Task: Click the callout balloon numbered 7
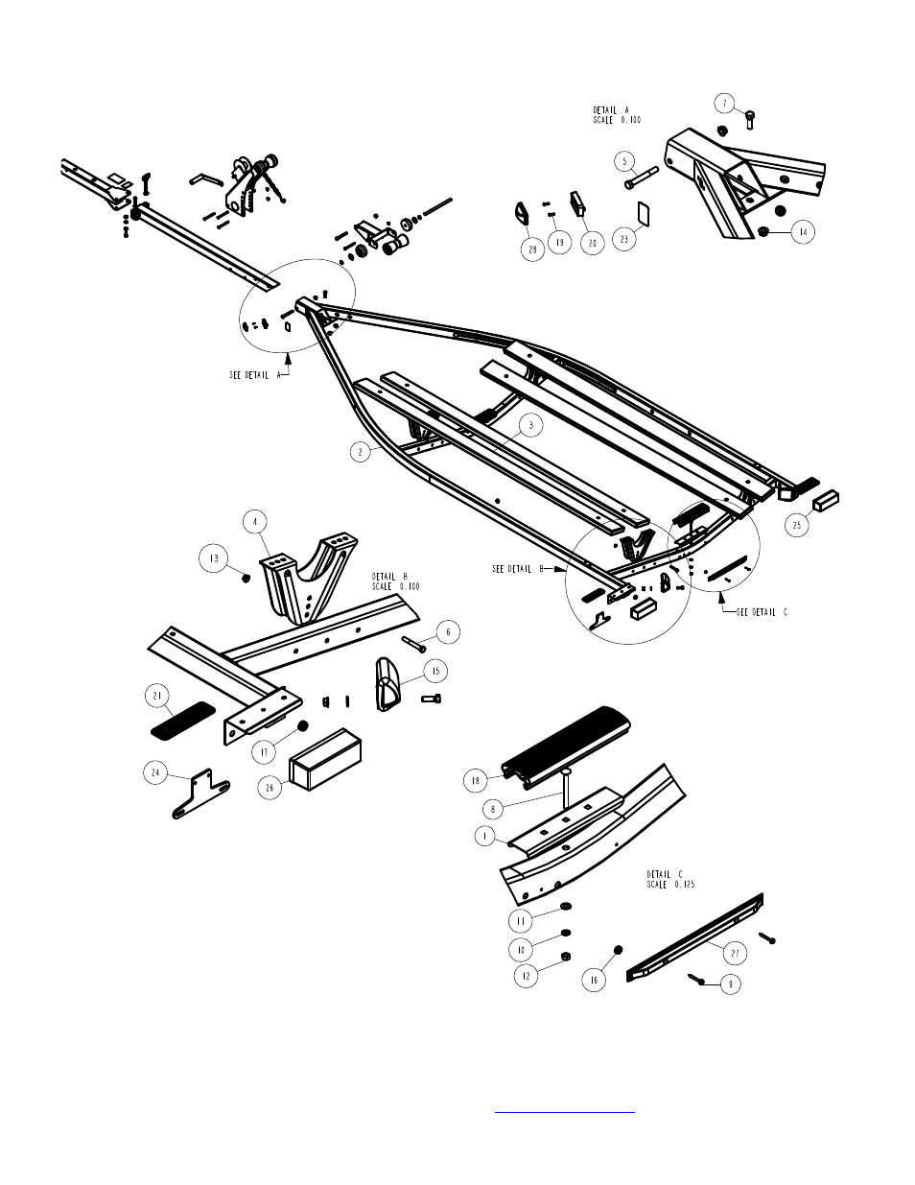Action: click(726, 102)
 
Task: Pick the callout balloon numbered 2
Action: click(361, 452)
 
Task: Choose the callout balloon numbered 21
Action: click(156, 694)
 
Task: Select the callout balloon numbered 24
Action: click(155, 770)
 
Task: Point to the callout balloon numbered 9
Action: click(732, 984)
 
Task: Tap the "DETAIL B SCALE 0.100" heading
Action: click(395, 581)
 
